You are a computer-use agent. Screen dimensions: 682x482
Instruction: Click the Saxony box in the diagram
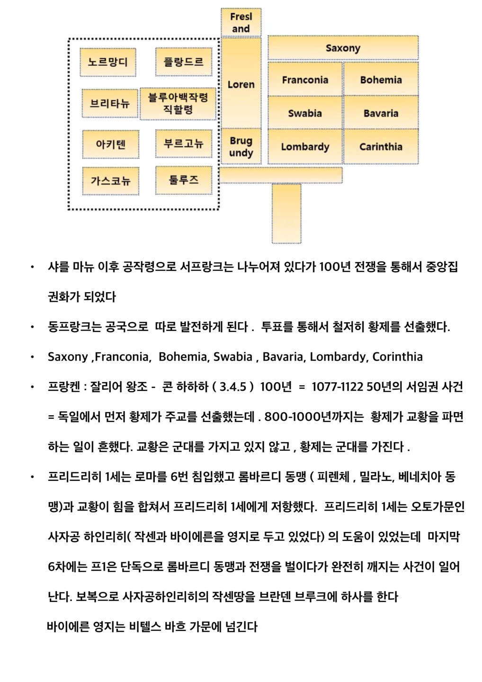343,48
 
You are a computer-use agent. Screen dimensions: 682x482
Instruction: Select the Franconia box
305,80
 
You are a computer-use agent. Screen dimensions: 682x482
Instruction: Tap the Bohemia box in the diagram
381,80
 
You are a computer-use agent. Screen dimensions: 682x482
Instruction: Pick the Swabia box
305,113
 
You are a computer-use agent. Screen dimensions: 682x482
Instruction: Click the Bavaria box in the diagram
381,113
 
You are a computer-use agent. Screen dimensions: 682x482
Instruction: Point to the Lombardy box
305,146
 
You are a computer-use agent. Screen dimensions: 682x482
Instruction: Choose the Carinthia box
381,146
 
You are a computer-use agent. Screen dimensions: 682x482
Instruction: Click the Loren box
241,84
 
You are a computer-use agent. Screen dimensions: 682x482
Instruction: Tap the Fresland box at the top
241,22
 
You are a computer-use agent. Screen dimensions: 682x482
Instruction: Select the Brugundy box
241,146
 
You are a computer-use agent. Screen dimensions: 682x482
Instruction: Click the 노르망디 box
108,62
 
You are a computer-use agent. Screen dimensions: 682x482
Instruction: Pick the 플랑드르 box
183,62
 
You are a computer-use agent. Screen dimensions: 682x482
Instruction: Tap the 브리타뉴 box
110,103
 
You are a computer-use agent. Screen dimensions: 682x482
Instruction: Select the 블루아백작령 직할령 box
178,103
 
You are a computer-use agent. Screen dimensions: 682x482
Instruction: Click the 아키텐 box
111,144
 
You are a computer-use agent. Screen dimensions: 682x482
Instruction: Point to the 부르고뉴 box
183,144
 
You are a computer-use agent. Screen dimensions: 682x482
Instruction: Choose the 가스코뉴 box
110,180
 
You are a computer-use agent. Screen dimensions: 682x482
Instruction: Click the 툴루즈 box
183,180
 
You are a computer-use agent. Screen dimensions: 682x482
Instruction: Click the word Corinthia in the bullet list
397,357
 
